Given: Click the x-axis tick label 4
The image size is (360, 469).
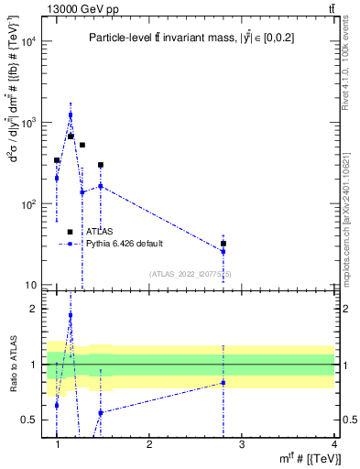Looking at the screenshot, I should coord(333,444).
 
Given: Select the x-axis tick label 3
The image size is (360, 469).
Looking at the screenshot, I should coord(242,444).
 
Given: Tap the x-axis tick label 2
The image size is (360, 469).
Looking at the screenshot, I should coord(149,444).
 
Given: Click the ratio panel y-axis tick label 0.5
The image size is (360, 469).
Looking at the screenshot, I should coord(30,420).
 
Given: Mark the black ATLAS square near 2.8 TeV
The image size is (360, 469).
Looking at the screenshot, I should coord(224,244).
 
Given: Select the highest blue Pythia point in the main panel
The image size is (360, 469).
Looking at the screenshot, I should coord(71,115).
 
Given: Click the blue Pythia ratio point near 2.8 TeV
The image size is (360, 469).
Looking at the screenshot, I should coord(224,382).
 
